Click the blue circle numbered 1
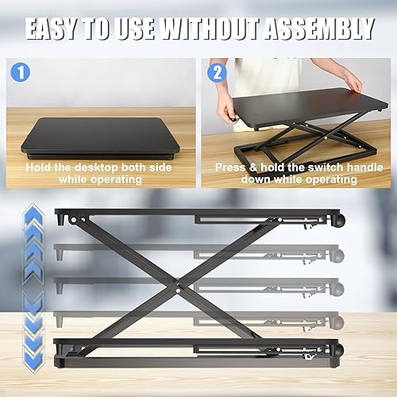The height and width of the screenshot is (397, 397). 21,74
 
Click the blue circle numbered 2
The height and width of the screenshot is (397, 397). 216,74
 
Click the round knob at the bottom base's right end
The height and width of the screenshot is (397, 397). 338,350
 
